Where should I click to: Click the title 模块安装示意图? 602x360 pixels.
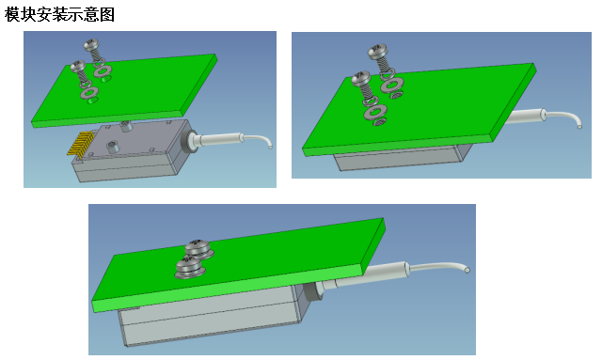click(x=59, y=15)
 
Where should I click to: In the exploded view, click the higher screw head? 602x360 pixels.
click(x=91, y=44)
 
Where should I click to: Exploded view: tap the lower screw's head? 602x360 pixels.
click(x=77, y=66)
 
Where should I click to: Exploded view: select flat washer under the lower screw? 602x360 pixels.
click(x=89, y=92)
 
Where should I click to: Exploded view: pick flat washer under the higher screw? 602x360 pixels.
click(x=103, y=70)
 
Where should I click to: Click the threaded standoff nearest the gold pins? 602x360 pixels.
click(x=112, y=147)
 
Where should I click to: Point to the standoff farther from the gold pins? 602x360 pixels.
click(x=125, y=126)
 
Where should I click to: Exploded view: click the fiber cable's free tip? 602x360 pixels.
click(x=270, y=146)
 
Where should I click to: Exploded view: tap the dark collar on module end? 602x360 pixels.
click(x=188, y=141)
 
